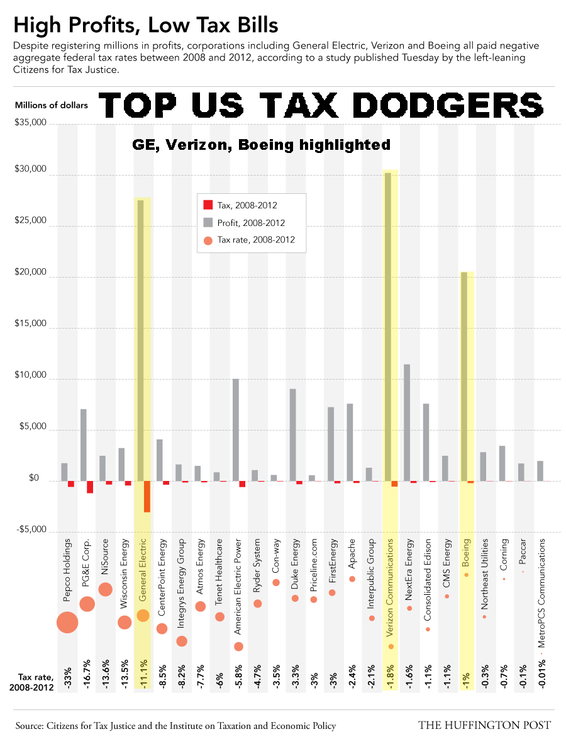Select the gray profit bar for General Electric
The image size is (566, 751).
tap(140, 340)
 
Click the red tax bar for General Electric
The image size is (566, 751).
tap(147, 496)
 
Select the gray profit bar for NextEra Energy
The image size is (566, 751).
tap(407, 422)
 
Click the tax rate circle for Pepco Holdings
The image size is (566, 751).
tap(67, 623)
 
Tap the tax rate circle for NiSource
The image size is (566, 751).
tap(106, 589)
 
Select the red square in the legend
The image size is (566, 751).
tap(208, 205)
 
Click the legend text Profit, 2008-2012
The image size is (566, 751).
tap(251, 223)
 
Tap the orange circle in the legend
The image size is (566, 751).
tap(208, 240)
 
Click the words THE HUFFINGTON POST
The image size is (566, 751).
tap(484, 725)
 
